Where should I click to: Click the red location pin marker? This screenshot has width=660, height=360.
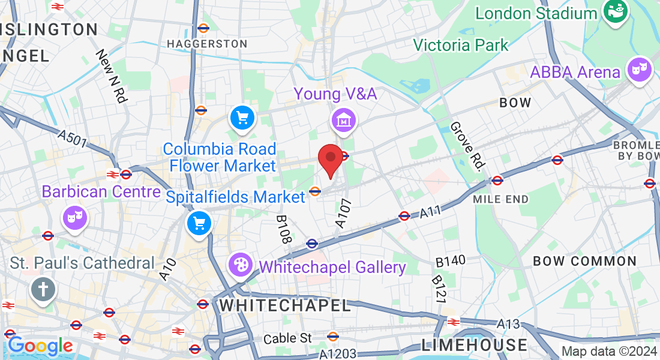pyautogui.click(x=330, y=160)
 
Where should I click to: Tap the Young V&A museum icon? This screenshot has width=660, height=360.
pyautogui.click(x=344, y=121)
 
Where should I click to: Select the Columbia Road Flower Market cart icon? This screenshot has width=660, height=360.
pyautogui.click(x=242, y=118)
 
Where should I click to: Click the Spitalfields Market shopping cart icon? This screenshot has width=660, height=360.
pyautogui.click(x=199, y=224)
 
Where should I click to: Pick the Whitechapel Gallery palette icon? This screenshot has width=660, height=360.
pyautogui.click(x=240, y=265)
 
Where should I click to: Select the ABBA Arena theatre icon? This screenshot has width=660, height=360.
pyautogui.click(x=640, y=70)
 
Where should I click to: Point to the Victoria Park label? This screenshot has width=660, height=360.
pyautogui.click(x=461, y=44)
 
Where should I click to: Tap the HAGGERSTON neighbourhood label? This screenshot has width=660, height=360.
pyautogui.click(x=207, y=44)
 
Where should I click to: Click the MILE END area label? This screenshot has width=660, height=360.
pyautogui.click(x=500, y=199)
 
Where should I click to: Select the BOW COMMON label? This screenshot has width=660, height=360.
pyautogui.click(x=584, y=261)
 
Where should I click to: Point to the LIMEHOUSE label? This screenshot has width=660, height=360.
pyautogui.click(x=474, y=345)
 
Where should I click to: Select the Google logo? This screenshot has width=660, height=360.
pyautogui.click(x=40, y=346)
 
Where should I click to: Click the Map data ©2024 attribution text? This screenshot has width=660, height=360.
pyautogui.click(x=609, y=351)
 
